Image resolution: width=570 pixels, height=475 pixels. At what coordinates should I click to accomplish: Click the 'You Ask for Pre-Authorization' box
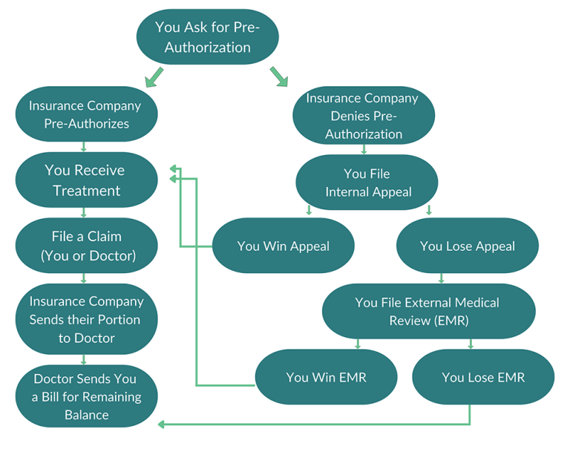(208, 37)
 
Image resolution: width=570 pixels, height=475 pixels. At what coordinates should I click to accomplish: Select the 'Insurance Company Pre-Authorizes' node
(86, 115)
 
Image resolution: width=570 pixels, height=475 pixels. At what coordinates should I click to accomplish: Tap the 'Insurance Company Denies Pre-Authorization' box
(364, 116)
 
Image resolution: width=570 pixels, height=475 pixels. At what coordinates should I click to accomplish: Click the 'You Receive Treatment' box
(86, 180)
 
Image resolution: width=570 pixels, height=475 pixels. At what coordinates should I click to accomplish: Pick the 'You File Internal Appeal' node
(367, 183)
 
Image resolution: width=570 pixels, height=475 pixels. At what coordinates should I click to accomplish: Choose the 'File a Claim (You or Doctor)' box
(86, 246)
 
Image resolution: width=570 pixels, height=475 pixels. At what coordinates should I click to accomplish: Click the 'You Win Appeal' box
(283, 246)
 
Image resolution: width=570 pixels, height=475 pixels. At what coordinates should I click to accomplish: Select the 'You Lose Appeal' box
(467, 246)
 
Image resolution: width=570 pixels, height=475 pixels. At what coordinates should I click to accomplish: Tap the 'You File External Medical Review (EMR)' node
(427, 312)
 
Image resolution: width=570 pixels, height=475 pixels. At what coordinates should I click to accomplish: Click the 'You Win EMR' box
(327, 378)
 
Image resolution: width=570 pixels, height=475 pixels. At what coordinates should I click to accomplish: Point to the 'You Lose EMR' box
(483, 378)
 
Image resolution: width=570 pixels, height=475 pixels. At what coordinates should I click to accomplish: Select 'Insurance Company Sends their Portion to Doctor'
(86, 320)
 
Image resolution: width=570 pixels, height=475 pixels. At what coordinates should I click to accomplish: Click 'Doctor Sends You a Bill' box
(86, 396)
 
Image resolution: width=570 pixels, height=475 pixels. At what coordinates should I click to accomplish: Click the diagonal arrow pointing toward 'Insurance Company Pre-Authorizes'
(154, 76)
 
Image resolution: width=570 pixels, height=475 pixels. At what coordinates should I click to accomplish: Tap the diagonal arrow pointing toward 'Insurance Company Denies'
(278, 76)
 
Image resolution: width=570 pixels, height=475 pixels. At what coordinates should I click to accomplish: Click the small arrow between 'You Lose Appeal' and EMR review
(442, 278)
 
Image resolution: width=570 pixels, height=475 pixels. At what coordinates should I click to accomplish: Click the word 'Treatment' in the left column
(86, 191)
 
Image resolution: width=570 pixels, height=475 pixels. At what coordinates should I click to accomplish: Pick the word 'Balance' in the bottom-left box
(86, 415)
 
